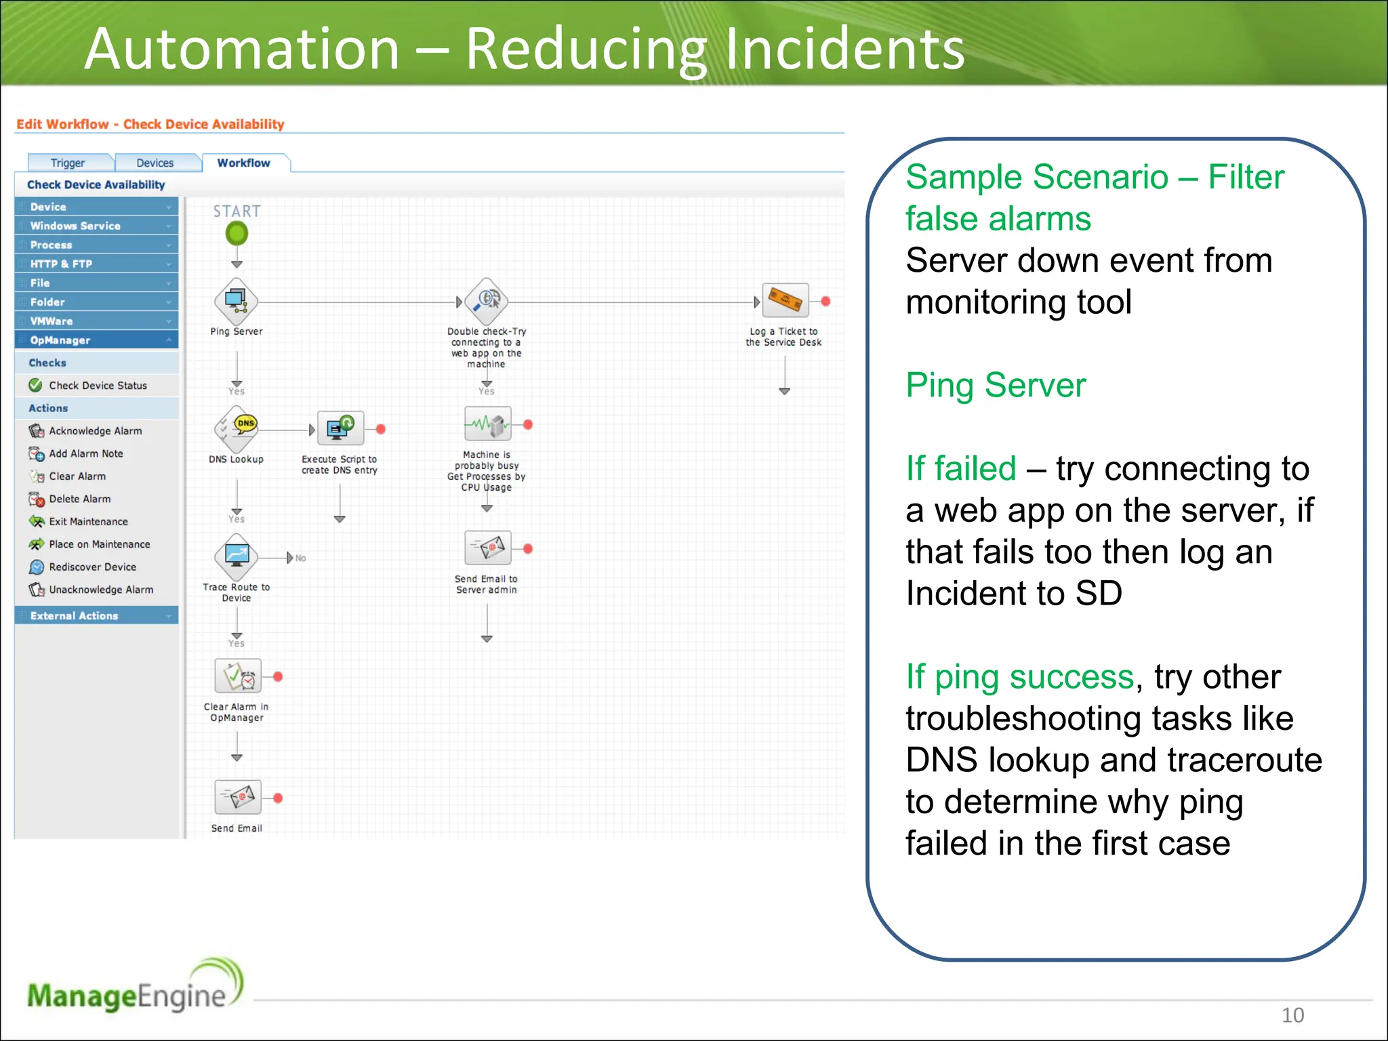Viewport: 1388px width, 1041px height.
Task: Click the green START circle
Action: (x=237, y=234)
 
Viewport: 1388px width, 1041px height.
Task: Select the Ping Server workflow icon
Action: (x=236, y=302)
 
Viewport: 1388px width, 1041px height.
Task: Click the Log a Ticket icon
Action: (x=785, y=300)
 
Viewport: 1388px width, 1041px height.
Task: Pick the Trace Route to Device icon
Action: (x=236, y=556)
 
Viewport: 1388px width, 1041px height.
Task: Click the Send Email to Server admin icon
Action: (x=487, y=548)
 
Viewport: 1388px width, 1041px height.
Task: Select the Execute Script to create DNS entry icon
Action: (x=340, y=428)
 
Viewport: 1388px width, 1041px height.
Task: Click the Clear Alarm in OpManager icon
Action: (x=237, y=676)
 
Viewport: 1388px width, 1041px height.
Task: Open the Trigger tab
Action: (x=68, y=163)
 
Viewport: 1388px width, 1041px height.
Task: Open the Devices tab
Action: (x=155, y=163)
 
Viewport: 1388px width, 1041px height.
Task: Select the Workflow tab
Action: (x=243, y=163)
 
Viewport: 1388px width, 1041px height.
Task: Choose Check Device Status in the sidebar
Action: (x=98, y=385)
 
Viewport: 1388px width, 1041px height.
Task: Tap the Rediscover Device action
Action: (x=92, y=567)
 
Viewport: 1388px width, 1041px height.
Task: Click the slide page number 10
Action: (x=1292, y=1015)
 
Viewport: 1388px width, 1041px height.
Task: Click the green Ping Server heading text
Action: (x=996, y=385)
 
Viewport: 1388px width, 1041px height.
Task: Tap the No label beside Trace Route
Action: (x=300, y=558)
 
